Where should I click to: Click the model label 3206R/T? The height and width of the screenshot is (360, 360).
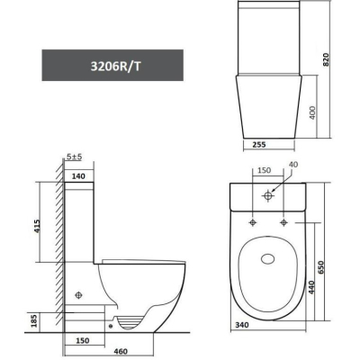pos(115,67)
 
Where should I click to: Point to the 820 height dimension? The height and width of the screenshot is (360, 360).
pos(326,59)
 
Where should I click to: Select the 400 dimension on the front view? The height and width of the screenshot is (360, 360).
pos(312,112)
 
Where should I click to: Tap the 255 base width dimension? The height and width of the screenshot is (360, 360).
pos(259,145)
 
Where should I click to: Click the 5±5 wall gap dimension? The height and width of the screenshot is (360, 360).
pos(74,157)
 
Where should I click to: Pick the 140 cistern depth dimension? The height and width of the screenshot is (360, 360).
pos(78,176)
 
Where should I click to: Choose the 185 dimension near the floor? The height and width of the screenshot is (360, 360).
pos(35,320)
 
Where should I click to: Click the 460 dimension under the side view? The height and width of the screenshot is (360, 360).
pos(121,351)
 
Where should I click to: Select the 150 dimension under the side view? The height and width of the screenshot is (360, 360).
pos(83,341)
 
